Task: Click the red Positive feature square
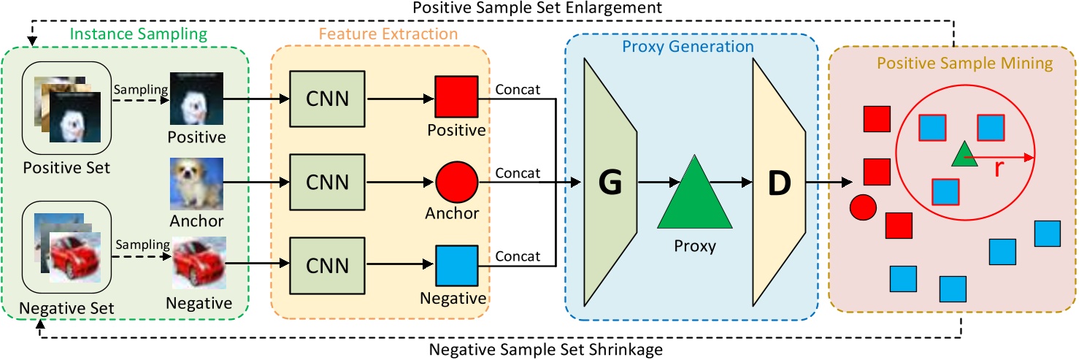[456, 96]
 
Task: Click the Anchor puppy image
[196, 183]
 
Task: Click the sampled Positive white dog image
[196, 99]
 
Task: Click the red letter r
[999, 169]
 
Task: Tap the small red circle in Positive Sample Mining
[863, 208]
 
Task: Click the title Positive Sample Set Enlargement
[537, 8]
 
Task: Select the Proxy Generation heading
[687, 47]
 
